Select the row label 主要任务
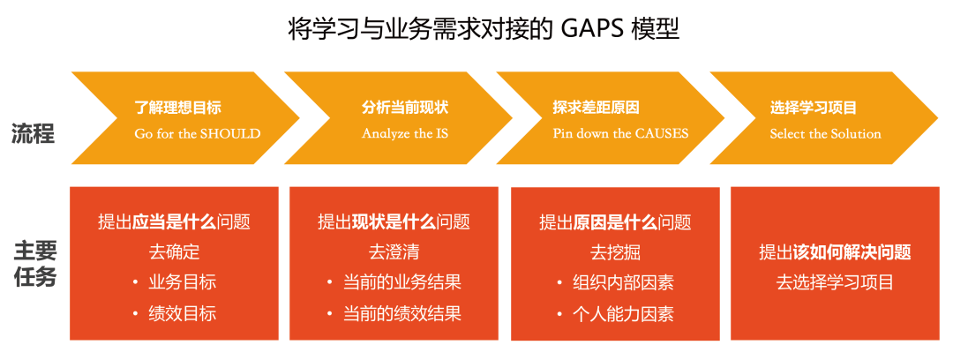point(34,263)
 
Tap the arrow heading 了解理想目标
point(177,109)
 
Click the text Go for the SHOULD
point(198,134)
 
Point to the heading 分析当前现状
point(405,109)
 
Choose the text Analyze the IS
point(405,134)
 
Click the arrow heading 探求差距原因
point(596,109)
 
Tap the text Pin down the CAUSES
point(620,134)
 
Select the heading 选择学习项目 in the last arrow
point(814,109)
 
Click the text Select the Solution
point(825,134)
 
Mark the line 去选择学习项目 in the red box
point(835,282)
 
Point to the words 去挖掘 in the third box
point(615,252)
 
